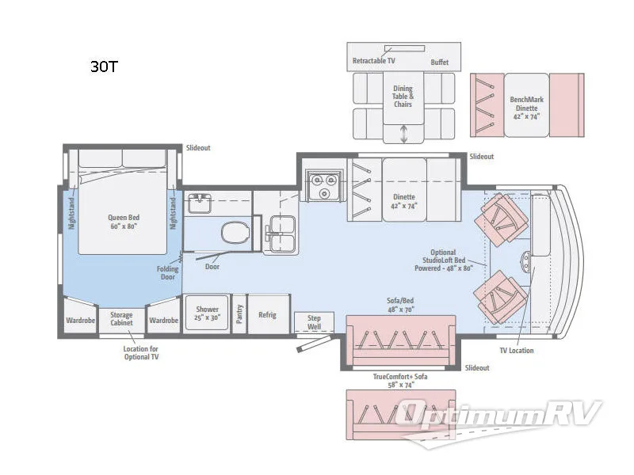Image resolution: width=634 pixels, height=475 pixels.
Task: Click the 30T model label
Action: click(x=103, y=67)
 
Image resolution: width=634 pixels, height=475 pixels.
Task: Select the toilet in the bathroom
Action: click(x=235, y=233)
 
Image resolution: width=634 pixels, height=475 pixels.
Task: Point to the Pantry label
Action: click(x=239, y=314)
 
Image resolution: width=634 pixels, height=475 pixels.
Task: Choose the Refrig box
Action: click(x=267, y=314)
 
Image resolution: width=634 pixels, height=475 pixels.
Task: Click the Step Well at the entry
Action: click(x=314, y=321)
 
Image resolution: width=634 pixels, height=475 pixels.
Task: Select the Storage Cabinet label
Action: click(x=121, y=320)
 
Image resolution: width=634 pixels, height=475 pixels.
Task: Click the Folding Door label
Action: click(x=167, y=273)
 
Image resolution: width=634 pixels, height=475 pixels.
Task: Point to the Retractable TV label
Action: click(x=373, y=61)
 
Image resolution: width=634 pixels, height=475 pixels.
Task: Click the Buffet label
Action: click(x=440, y=62)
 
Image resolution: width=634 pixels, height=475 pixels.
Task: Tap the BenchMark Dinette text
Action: click(x=526, y=104)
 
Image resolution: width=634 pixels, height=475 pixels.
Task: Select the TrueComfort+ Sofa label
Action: click(x=400, y=380)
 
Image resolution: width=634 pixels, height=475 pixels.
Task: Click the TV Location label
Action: click(x=517, y=350)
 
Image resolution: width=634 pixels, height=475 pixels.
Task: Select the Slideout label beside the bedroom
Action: click(x=198, y=148)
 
